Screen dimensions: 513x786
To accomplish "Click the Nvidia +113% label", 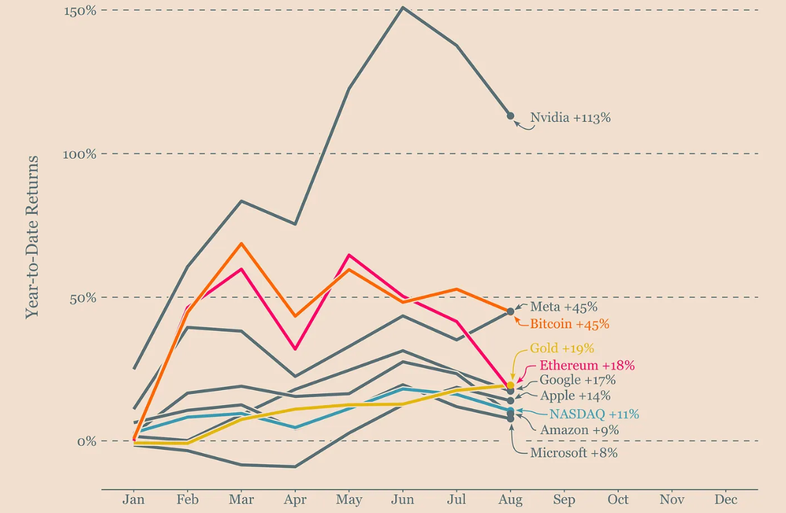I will click(570, 118).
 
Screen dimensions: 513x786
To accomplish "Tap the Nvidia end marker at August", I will click(510, 116).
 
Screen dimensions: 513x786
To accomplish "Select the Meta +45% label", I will click(564, 306).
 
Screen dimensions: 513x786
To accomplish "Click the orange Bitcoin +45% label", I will click(570, 324).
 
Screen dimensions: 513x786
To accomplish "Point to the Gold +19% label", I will click(562, 349).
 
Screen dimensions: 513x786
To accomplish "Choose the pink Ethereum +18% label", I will click(587, 366).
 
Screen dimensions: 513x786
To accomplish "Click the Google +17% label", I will click(577, 380).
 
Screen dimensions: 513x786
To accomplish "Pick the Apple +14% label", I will click(575, 396).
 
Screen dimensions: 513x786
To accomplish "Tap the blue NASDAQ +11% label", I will click(594, 414).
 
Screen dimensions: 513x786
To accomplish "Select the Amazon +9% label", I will click(579, 430).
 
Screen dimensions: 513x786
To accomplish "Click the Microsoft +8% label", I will click(574, 453).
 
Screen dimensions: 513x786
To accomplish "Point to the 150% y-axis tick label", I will click(80, 11).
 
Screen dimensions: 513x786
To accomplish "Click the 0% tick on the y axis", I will click(86, 441).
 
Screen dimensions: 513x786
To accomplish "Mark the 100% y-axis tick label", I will click(80, 154).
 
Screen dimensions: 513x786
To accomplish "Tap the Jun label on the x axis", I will click(403, 500).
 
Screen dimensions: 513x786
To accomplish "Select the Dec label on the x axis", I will click(725, 500).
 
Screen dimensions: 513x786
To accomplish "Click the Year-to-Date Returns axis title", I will click(32, 237).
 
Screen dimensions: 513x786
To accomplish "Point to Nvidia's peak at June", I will click(403, 8).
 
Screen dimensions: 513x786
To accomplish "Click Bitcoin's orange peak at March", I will click(241, 243).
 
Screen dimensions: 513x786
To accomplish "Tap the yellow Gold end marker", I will click(510, 385).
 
